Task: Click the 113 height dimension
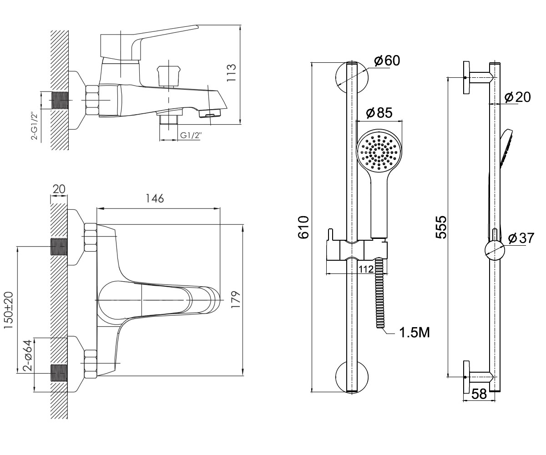coord(232,72)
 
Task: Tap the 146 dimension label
coord(155,199)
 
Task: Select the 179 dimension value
coord(236,299)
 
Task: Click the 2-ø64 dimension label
coord(28,355)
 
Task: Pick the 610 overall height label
coord(303,227)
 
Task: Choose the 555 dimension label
coord(441,227)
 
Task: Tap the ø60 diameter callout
coord(387,61)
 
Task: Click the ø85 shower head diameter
coord(379,113)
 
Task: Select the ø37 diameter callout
coord(521,238)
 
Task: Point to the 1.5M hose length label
coord(415,333)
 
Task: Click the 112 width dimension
coord(366,269)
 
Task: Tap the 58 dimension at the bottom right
coord(479,394)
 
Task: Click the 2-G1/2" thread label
coord(35,126)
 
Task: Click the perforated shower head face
coord(379,152)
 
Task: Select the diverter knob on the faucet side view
coord(169,76)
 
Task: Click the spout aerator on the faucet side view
coord(210,113)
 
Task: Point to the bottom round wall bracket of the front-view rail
coord(352,377)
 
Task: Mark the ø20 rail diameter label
coord(518,97)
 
